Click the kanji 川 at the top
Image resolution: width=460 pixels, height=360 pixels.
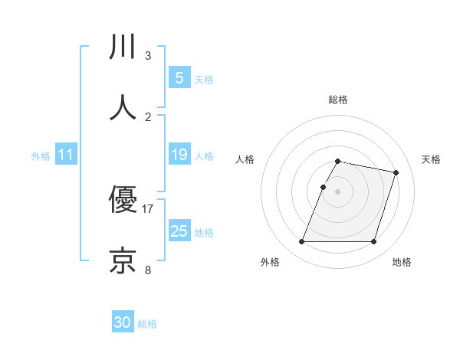pos(123,48)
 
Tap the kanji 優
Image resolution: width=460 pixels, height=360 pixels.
pos(123,201)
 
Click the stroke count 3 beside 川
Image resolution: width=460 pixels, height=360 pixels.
pos(148,56)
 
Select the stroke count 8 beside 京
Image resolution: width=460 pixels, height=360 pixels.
pos(148,269)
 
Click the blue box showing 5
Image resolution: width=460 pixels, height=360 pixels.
pos(179,77)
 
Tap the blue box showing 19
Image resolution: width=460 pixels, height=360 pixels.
pos(179,155)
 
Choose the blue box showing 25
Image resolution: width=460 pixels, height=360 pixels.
pos(179,231)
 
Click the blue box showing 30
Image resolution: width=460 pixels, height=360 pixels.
pos(123,322)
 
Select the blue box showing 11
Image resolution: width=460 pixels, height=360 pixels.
pos(65,155)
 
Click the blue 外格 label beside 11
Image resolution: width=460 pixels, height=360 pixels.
pos(41,155)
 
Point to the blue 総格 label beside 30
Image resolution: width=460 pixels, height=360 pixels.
pos(147,324)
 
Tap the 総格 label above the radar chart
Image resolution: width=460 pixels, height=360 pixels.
pos(338,100)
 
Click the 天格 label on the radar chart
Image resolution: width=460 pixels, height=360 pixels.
pos(432,159)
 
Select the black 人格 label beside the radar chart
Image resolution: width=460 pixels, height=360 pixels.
pos(245,159)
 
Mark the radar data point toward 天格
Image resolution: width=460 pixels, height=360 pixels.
pos(396,173)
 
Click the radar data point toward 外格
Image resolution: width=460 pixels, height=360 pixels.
pos(302,241)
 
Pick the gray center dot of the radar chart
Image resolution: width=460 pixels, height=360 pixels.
pos(338,191)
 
